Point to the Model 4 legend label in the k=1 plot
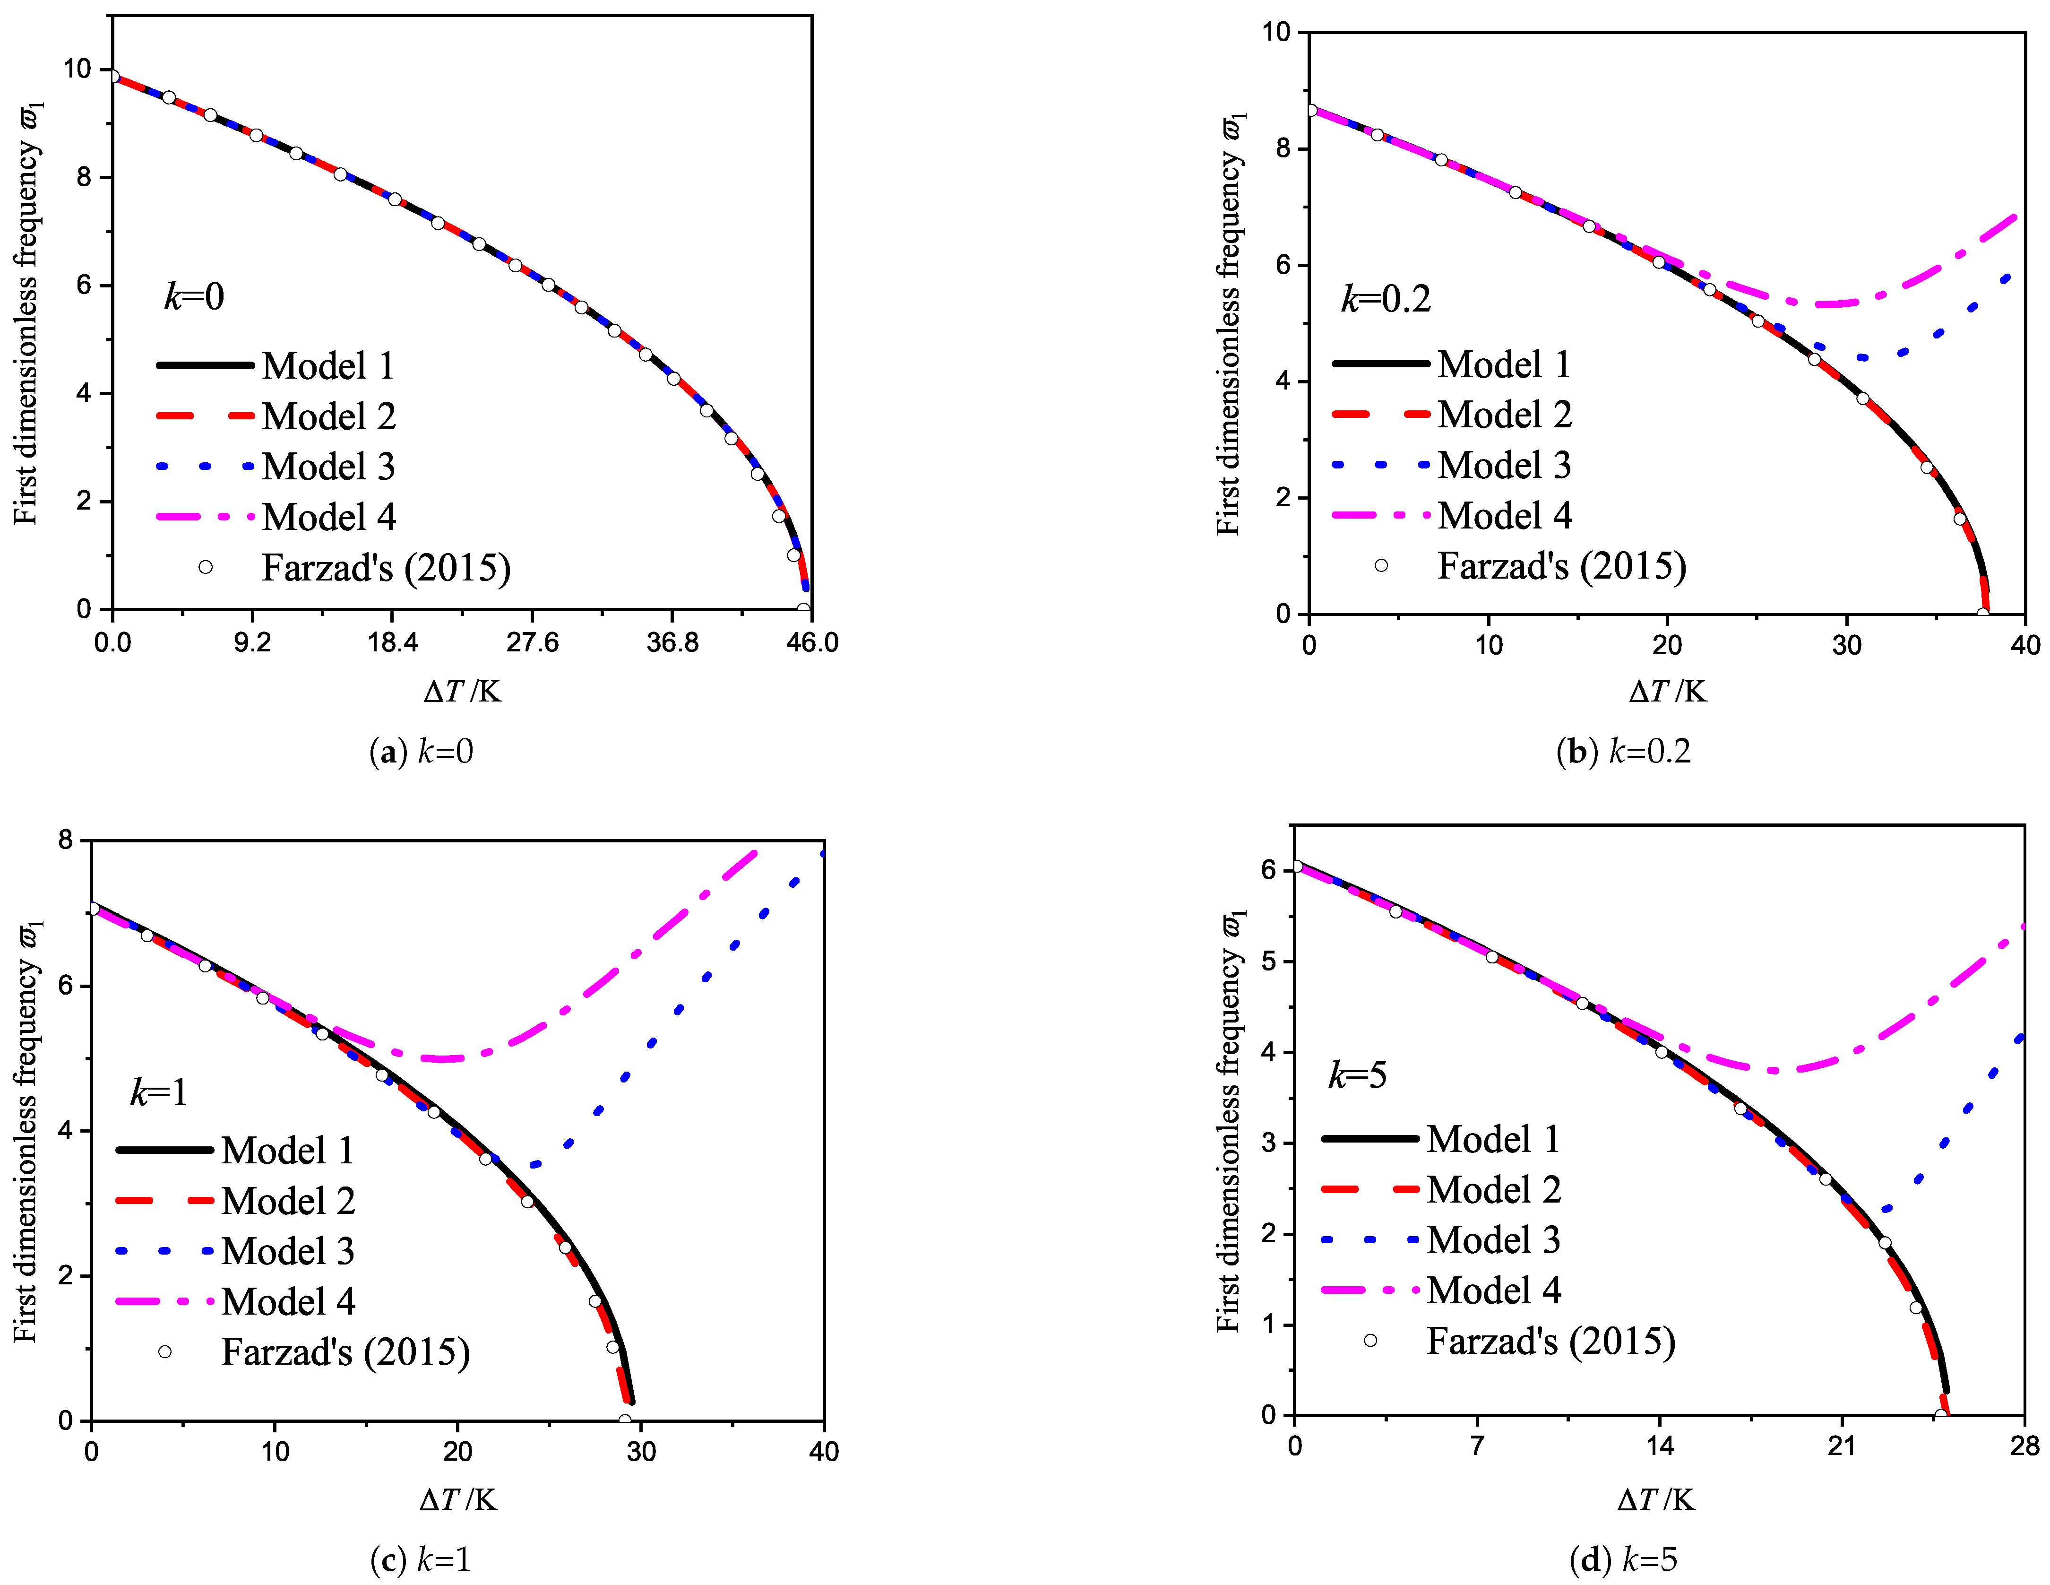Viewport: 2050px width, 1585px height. [x=288, y=1301]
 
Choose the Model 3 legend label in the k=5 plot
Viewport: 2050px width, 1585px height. [x=1492, y=1239]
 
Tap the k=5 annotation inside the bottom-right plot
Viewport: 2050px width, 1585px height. [x=1357, y=1075]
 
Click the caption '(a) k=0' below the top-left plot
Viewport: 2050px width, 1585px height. [x=422, y=751]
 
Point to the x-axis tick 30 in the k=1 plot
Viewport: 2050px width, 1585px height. [x=641, y=1452]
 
